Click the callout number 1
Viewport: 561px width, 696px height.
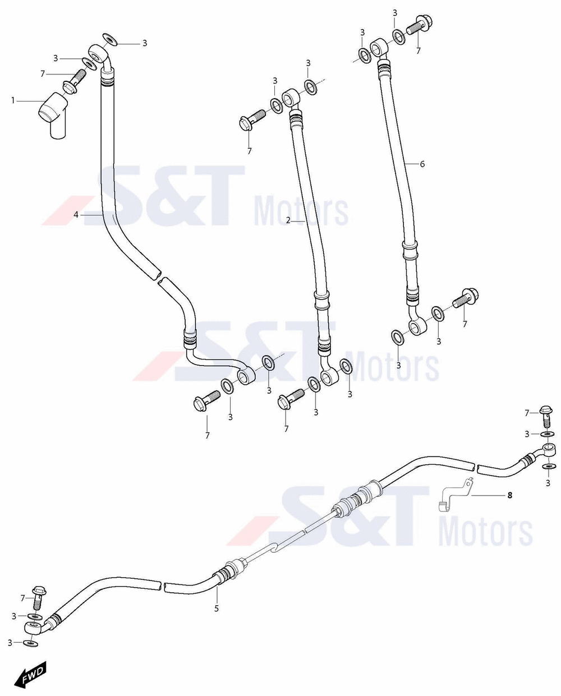[13, 100]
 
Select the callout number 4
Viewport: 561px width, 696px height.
[76, 214]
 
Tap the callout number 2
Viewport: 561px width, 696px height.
[288, 220]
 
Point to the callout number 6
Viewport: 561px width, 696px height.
[422, 164]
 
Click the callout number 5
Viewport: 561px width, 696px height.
[217, 609]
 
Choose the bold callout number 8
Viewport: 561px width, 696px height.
[510, 495]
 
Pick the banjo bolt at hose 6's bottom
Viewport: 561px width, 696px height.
[466, 298]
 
